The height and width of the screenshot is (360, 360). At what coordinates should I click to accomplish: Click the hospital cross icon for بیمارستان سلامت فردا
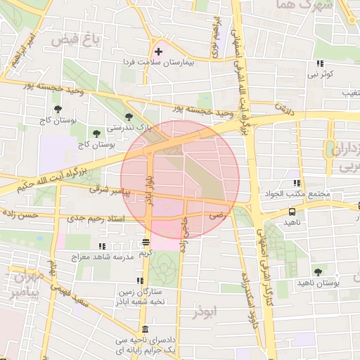point(158,52)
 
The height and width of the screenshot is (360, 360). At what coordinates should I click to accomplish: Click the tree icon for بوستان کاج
point(58,109)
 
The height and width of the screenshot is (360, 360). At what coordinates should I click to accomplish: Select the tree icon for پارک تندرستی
point(128,117)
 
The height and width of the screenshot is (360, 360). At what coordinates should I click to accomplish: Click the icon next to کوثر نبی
point(320,64)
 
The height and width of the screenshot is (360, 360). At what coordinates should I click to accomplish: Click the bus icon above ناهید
point(291,211)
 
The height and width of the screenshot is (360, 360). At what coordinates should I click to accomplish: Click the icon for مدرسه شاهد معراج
point(103,247)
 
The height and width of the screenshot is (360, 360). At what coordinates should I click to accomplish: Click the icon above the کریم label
point(146,242)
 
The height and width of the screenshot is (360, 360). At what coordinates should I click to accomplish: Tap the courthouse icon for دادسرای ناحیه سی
point(145,330)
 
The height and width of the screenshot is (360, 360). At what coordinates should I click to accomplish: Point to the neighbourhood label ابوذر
point(205,310)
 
